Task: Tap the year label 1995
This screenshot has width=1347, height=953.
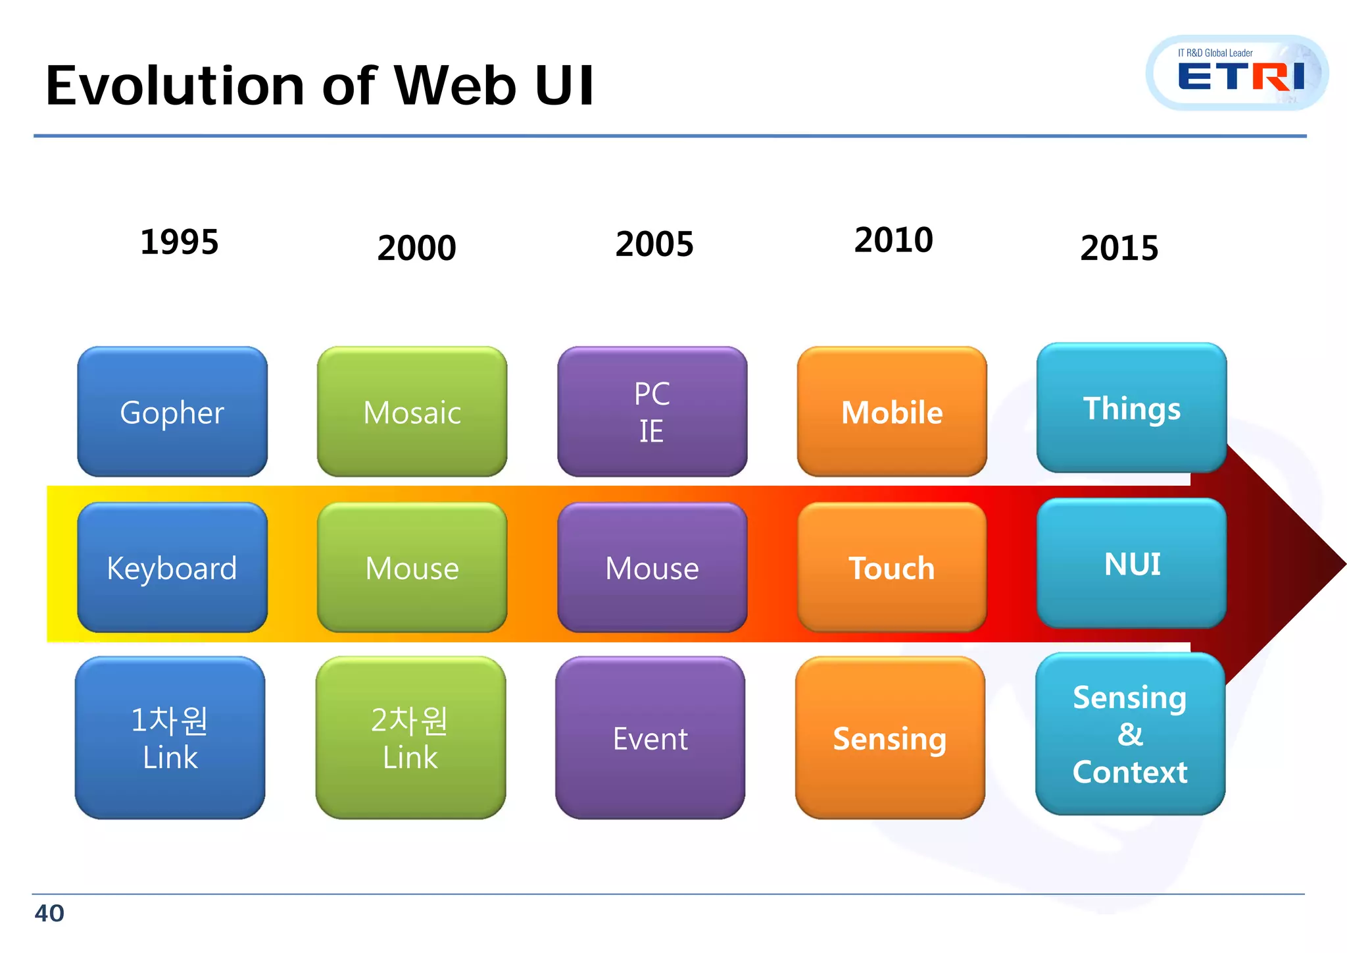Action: click(179, 242)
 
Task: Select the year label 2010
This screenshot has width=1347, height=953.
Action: click(893, 240)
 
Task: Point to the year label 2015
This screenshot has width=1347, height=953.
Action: click(1119, 248)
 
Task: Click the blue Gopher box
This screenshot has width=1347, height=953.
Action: click(172, 412)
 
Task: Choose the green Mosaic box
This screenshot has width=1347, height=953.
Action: click(412, 412)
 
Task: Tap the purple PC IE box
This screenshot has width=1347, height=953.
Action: click(652, 412)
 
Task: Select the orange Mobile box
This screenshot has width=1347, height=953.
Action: click(892, 412)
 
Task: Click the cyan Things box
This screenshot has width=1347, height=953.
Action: click(1131, 408)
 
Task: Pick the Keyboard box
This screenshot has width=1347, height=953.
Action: click(172, 567)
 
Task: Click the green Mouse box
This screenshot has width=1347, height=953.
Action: click(412, 567)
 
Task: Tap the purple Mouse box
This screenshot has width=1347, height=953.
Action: click(652, 567)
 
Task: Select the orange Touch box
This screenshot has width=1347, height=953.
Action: click(892, 567)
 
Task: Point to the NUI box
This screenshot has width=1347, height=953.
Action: click(1131, 563)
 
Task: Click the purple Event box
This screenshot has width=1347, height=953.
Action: click(650, 738)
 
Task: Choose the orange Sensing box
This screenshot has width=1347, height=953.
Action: click(890, 738)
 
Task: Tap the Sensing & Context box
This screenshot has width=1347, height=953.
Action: click(1130, 734)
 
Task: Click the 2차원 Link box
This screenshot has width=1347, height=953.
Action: click(410, 738)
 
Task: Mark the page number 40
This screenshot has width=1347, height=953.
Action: click(49, 914)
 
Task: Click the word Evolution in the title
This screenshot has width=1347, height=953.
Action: click(175, 86)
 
